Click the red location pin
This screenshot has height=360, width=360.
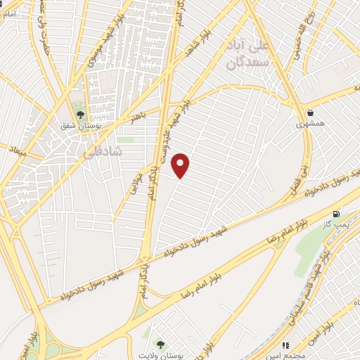coord(181,165)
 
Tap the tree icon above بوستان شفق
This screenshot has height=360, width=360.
coord(80,114)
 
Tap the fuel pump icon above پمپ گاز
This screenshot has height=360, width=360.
coord(336,213)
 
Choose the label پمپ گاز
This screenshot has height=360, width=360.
coord(337,224)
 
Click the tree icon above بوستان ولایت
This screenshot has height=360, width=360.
coord(161,343)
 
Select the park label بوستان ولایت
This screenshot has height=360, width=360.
coord(161,355)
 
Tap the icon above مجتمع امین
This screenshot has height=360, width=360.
coord(285,345)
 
